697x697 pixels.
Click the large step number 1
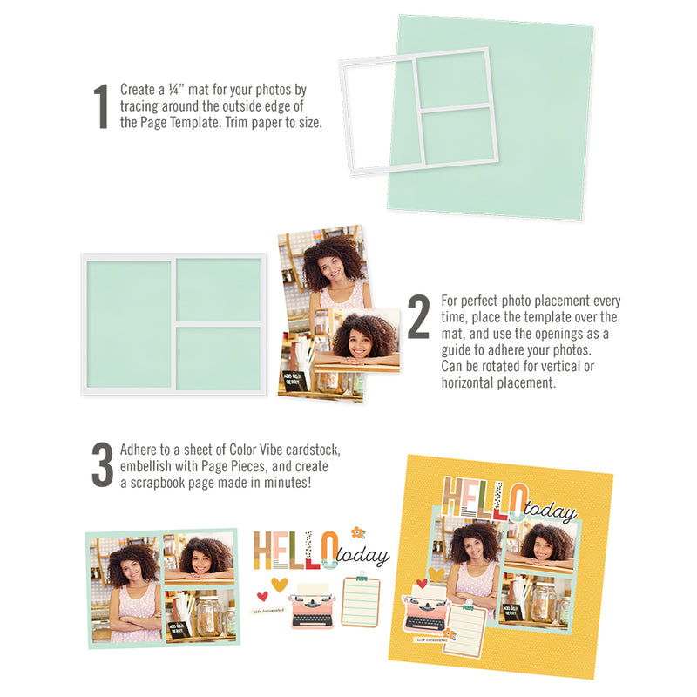coord(101,107)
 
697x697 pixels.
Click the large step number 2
coord(419,317)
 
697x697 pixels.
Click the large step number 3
coord(102,464)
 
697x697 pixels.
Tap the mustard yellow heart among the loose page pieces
coord(279,584)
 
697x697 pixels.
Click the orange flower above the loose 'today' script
coord(357,531)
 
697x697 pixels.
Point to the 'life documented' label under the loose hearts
coord(269,612)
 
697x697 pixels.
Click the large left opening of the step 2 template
coord(129,324)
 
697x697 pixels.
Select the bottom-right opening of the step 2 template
coord(219,359)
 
